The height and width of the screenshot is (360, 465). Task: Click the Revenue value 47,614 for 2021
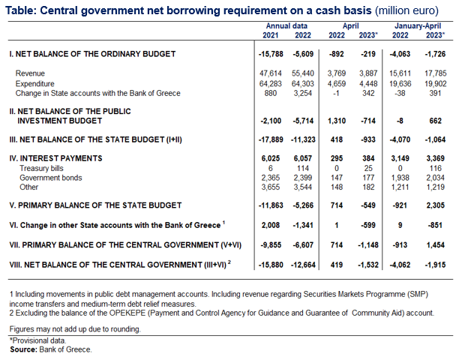(271, 73)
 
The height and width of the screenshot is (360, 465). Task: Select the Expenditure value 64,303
(303, 83)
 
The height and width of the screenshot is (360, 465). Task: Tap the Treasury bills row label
(41, 169)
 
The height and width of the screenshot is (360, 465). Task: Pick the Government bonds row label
(51, 178)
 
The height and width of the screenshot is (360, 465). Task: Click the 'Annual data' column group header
(286, 26)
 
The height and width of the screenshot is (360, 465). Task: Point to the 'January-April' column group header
(418, 26)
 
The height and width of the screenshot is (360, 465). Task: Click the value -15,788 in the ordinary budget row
(271, 54)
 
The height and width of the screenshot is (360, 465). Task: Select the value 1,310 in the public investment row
(337, 121)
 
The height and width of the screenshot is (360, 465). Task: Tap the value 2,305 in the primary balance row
(435, 205)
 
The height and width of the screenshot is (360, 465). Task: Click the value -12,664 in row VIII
(303, 265)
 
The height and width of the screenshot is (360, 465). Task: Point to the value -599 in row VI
(368, 225)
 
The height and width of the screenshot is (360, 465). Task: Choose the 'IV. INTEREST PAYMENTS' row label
(55, 158)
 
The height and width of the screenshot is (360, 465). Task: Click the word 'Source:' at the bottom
(23, 349)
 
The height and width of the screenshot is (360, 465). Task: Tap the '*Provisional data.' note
(38, 340)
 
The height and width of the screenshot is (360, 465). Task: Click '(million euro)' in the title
(406, 10)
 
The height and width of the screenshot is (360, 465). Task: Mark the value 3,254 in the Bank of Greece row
(303, 93)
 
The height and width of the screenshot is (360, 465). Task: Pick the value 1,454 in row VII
(435, 245)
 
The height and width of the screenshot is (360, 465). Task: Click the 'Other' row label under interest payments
(28, 187)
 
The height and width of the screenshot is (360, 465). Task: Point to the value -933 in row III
(368, 139)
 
